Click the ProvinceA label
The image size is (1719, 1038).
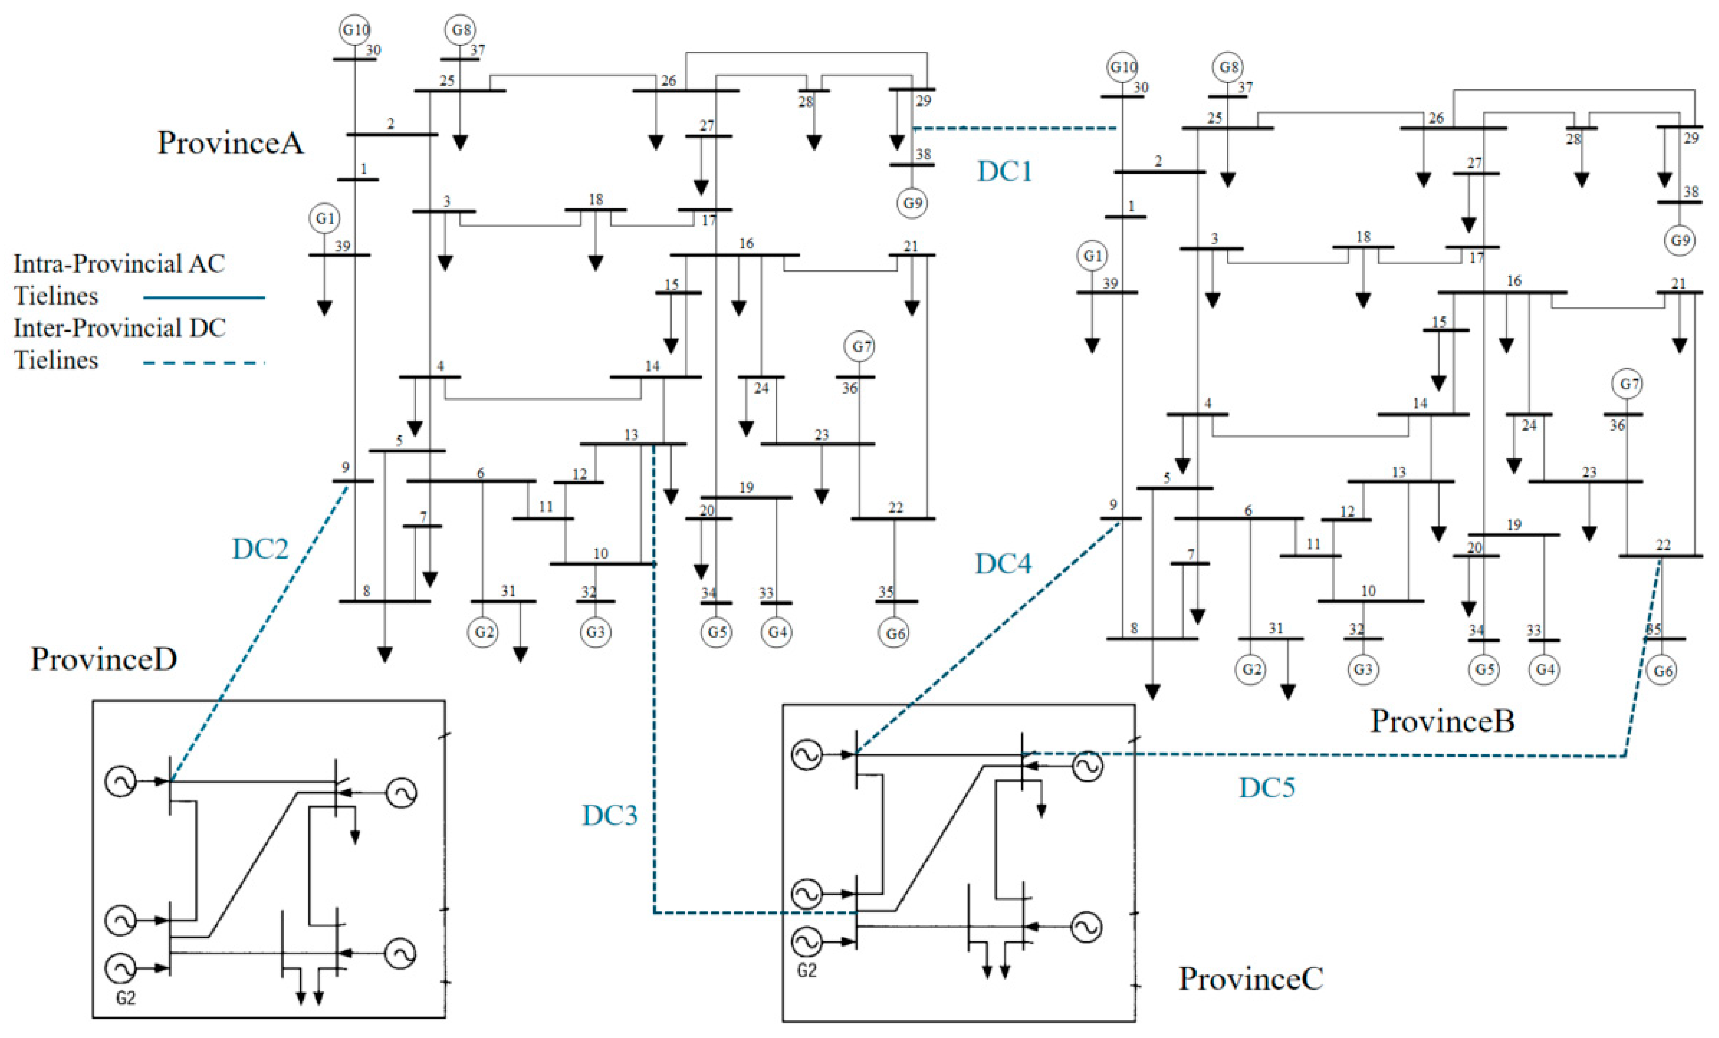pos(230,143)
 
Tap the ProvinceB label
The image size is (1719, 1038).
pos(1443,721)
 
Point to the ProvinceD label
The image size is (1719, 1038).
pos(104,659)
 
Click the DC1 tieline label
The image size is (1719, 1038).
pos(1005,171)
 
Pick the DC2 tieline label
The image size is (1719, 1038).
pos(260,549)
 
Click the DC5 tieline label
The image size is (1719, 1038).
pos(1267,788)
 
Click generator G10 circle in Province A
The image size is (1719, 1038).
pos(355,30)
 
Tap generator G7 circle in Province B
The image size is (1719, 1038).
pos(1627,384)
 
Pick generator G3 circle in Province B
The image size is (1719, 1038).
pos(1362,669)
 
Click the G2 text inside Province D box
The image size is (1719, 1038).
pos(126,998)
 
